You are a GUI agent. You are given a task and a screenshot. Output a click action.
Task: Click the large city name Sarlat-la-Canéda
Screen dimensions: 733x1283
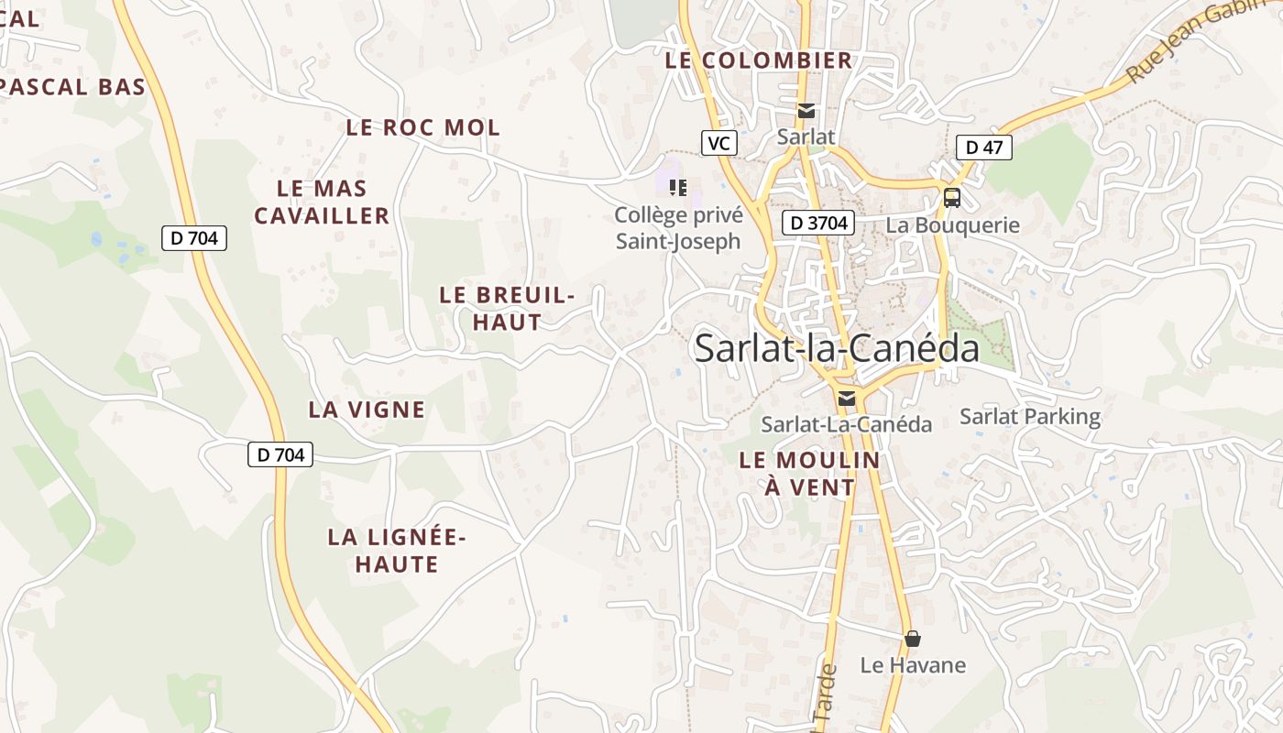836,349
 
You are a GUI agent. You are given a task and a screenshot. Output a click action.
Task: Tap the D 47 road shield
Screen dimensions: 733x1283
983,147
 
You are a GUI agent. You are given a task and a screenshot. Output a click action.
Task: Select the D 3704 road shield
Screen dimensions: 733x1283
818,223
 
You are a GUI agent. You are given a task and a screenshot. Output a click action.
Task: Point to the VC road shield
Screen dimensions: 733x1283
719,143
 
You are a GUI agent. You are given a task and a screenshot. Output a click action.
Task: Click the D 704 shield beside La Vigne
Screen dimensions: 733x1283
280,454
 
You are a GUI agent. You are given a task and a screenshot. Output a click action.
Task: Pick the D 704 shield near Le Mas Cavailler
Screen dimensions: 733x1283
194,238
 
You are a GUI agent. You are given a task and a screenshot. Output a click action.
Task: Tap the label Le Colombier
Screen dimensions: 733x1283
759,61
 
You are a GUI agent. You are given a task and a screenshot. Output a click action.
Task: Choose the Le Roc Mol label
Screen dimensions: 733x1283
423,128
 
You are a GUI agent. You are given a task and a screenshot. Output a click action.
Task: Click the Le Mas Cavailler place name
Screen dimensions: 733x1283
322,202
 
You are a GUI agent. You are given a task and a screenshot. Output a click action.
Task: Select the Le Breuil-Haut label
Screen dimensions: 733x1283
507,309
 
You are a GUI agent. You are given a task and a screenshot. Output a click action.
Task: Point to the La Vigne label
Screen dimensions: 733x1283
367,410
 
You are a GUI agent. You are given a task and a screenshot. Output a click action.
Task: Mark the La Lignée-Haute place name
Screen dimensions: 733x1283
397,551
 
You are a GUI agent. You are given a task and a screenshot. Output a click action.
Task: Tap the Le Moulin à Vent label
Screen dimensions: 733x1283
809,474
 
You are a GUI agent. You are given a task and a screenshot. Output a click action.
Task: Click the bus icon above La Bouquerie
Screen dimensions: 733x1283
952,197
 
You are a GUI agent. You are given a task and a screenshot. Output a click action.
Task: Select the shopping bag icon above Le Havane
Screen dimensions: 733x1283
912,638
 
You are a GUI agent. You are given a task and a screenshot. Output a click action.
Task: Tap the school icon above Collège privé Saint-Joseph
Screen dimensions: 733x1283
678,188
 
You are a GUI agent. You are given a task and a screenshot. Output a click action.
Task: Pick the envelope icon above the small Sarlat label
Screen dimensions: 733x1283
806,111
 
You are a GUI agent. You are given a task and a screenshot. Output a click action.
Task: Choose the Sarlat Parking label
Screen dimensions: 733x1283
1029,417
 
